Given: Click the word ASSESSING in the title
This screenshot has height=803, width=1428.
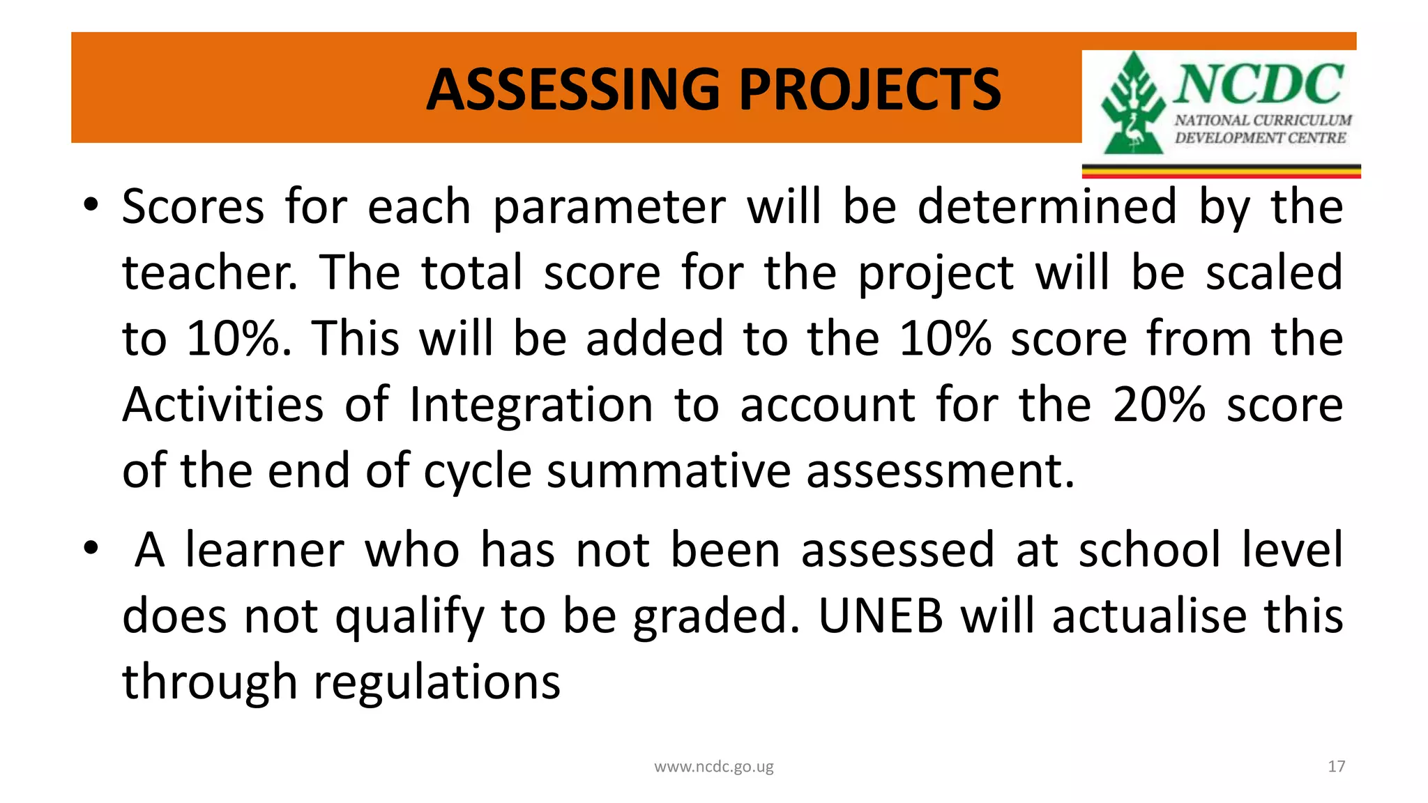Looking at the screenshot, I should [572, 90].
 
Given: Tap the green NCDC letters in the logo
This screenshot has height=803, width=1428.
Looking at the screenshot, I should [1259, 83].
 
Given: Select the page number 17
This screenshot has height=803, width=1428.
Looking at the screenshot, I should [1336, 767].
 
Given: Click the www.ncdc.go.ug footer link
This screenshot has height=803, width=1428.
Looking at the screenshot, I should [713, 767].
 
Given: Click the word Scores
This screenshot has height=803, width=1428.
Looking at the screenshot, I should [193, 207].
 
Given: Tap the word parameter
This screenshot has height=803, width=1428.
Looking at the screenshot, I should [609, 207].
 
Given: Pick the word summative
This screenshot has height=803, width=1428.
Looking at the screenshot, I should [668, 471].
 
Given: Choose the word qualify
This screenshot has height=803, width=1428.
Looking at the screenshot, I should [409, 618].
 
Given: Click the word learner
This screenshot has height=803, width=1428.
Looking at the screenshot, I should [264, 550].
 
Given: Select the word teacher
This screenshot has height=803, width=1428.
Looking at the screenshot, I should [207, 273].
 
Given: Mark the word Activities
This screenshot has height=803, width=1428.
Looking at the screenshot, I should [222, 405].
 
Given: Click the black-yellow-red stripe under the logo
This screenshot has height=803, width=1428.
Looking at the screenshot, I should [1221, 171].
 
